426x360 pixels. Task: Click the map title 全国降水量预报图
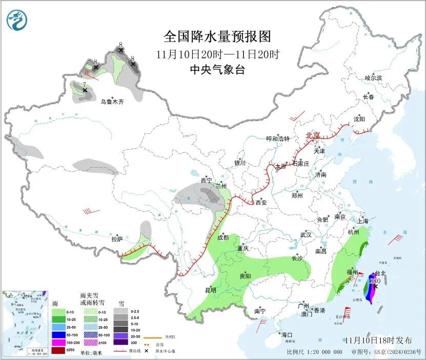click(x=217, y=37)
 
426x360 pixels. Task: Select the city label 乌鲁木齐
click(x=112, y=102)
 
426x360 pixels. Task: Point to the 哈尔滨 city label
click(x=373, y=78)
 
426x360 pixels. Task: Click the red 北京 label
click(x=313, y=135)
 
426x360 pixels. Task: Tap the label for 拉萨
click(x=117, y=239)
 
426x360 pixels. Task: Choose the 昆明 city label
click(x=211, y=290)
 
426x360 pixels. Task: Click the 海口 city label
click(x=286, y=335)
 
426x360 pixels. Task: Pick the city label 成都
click(x=223, y=237)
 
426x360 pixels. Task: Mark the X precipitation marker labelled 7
click(x=85, y=90)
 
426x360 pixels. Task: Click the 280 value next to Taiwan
click(x=374, y=281)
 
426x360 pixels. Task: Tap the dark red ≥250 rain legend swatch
click(x=58, y=351)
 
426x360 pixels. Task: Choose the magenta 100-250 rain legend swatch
click(x=58, y=343)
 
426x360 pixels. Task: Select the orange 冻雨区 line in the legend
click(x=149, y=338)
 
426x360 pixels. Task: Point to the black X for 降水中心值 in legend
click(x=146, y=351)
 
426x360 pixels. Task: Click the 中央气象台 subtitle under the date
click(x=217, y=70)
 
